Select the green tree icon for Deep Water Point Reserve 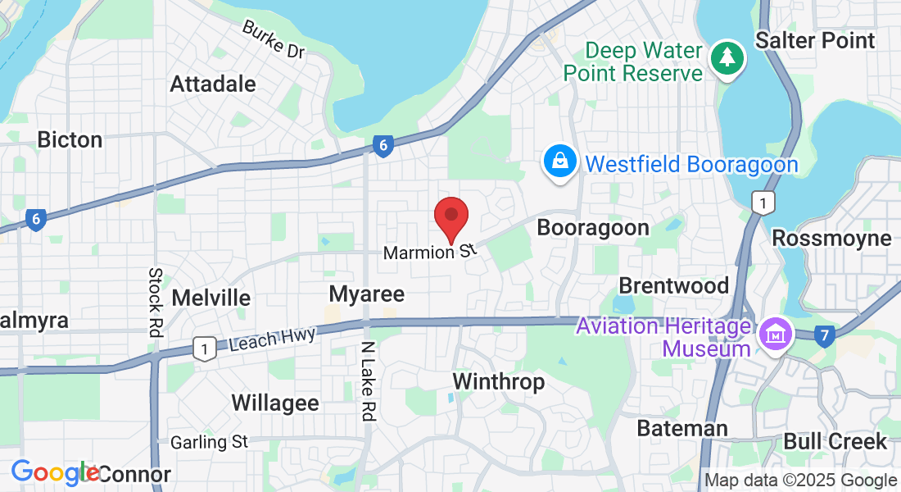click(x=726, y=57)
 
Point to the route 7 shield click(x=825, y=334)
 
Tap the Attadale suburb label click(x=213, y=84)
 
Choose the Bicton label click(x=70, y=139)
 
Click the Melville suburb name click(x=211, y=297)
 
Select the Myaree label click(x=366, y=294)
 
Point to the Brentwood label click(x=673, y=285)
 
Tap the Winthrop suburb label click(x=498, y=381)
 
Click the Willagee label click(x=275, y=403)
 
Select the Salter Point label click(x=815, y=40)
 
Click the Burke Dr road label click(x=273, y=39)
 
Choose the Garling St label click(x=209, y=442)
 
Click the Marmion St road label click(x=429, y=253)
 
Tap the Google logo click(x=54, y=472)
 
